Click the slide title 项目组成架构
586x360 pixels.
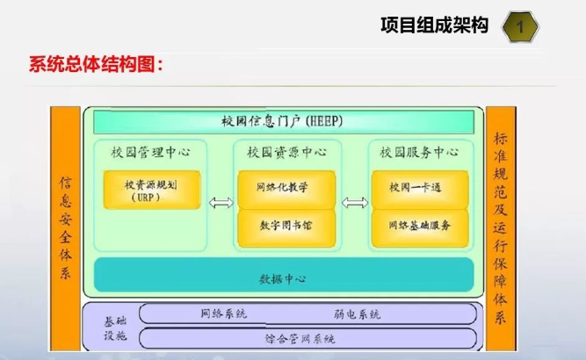pos(434,27)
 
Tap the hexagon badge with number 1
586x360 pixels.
pos(520,28)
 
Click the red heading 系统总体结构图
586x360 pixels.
pos(97,65)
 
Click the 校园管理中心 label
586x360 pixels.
pos(150,152)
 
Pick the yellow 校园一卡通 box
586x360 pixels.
pos(418,187)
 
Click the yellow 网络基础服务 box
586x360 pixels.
pos(418,225)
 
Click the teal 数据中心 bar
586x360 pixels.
pos(282,277)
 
